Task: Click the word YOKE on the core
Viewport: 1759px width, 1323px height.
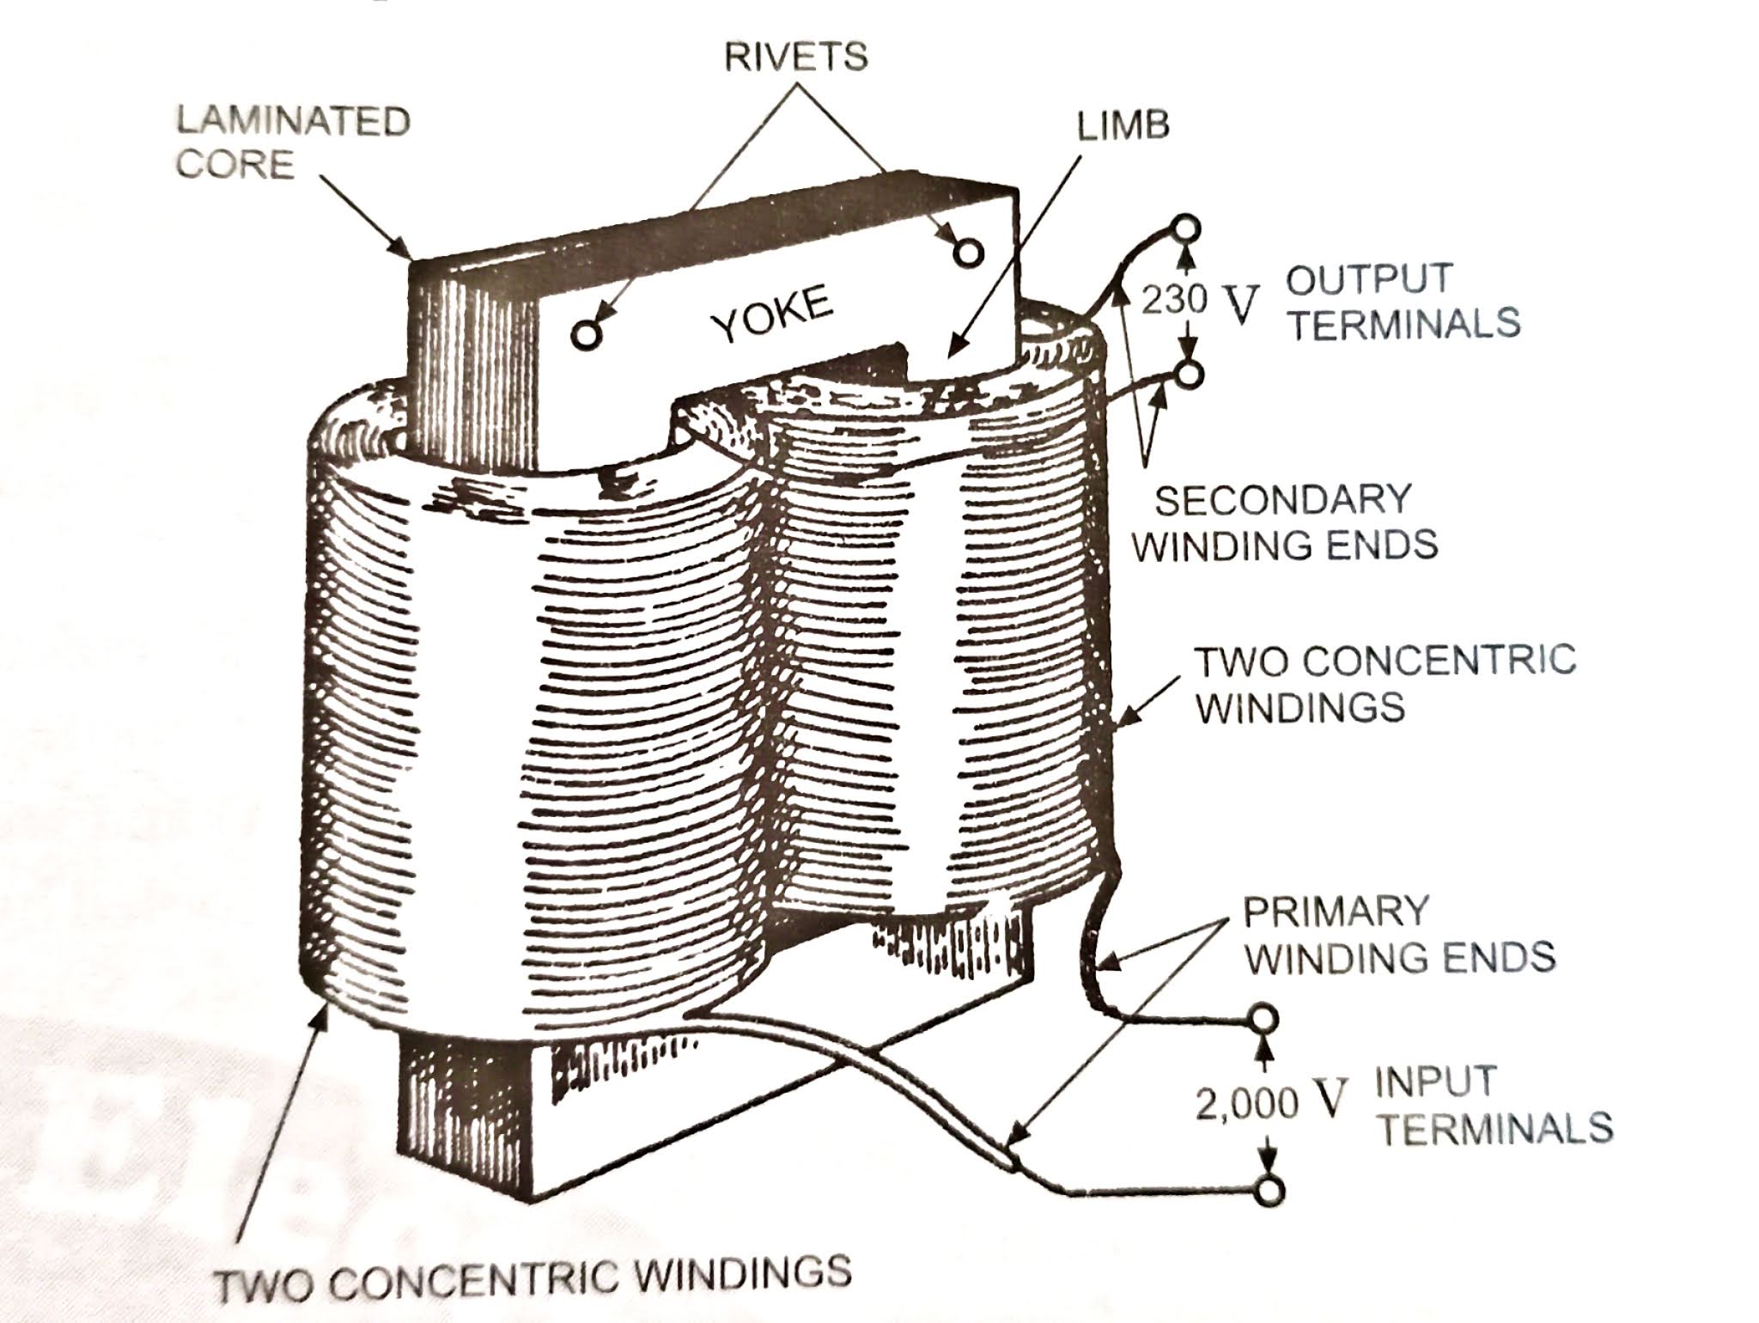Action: point(773,315)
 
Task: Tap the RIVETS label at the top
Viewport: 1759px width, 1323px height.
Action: point(796,57)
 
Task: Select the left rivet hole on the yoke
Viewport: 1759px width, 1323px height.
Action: point(586,334)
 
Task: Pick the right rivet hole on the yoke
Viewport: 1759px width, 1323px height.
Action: point(968,252)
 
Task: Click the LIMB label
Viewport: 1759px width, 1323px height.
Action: point(1123,125)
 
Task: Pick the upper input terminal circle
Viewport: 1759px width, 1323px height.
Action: point(1263,1020)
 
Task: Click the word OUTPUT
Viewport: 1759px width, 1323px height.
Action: point(1369,279)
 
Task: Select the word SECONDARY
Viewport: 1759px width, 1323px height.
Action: point(1283,500)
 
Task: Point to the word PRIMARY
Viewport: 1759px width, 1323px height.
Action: point(1336,911)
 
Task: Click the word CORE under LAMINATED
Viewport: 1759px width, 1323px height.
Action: point(235,164)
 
